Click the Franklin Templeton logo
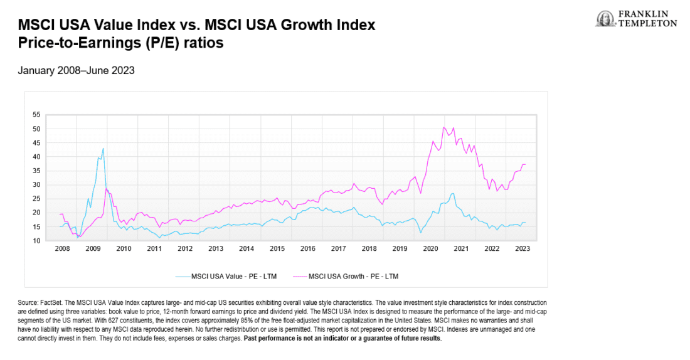(636, 19)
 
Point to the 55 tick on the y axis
(36, 115)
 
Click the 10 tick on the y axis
(36, 240)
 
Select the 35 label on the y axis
(36, 171)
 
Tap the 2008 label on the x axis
(62, 249)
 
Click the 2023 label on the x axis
(523, 249)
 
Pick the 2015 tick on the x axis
(277, 249)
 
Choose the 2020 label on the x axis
(430, 249)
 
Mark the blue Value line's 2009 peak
(103, 149)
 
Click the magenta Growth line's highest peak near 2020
(444, 127)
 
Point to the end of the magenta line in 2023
(525, 164)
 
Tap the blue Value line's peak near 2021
(453, 193)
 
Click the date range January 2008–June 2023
(77, 71)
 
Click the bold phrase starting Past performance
(342, 338)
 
